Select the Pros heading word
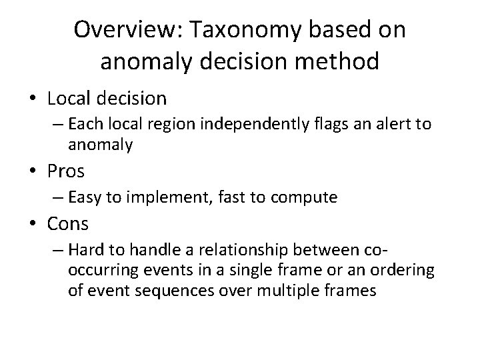(66, 171)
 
